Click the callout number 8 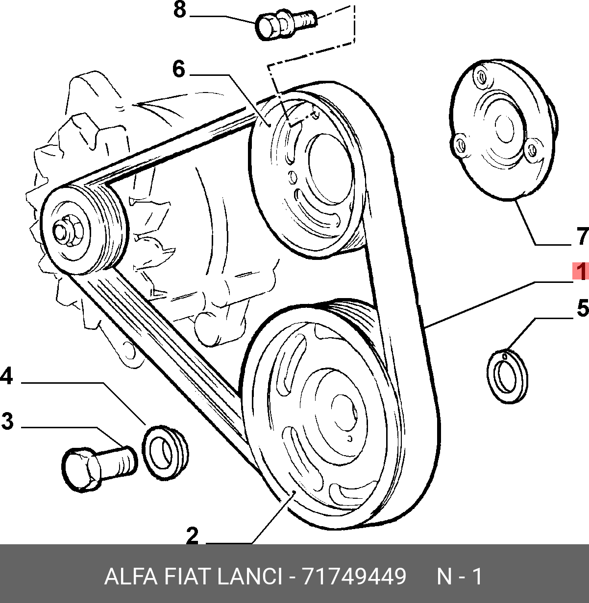click(180, 9)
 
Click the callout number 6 click(179, 69)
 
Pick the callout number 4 click(7, 376)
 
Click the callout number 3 click(7, 421)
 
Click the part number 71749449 click(354, 576)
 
